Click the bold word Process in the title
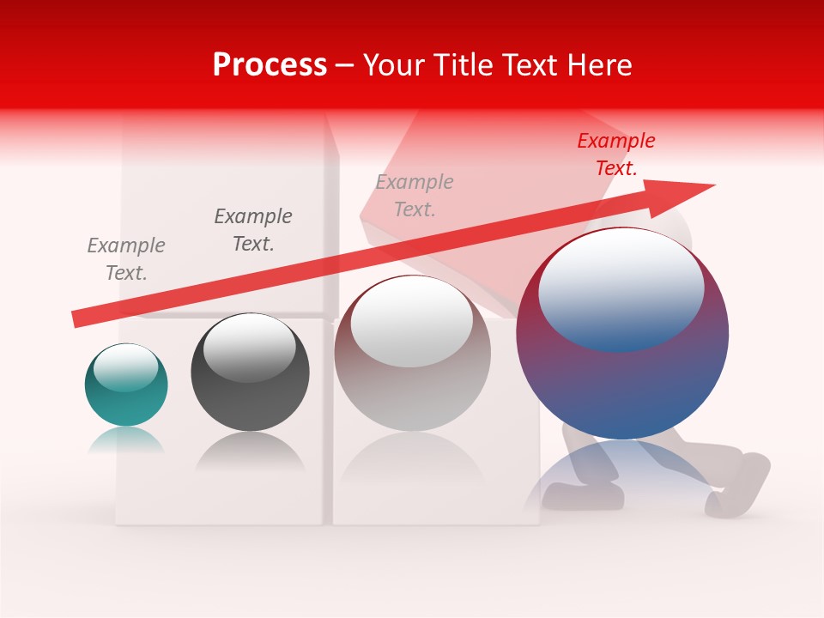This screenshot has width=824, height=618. [270, 65]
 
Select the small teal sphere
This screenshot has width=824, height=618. [126, 386]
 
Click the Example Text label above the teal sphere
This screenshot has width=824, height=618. [126, 259]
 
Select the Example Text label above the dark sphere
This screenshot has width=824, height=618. [253, 229]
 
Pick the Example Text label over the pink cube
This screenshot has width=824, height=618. [415, 195]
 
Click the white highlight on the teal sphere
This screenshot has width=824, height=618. [126, 367]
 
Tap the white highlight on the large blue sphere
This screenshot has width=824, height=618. [621, 290]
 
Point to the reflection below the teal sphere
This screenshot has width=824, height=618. [126, 440]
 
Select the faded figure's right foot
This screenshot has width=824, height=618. [738, 485]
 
